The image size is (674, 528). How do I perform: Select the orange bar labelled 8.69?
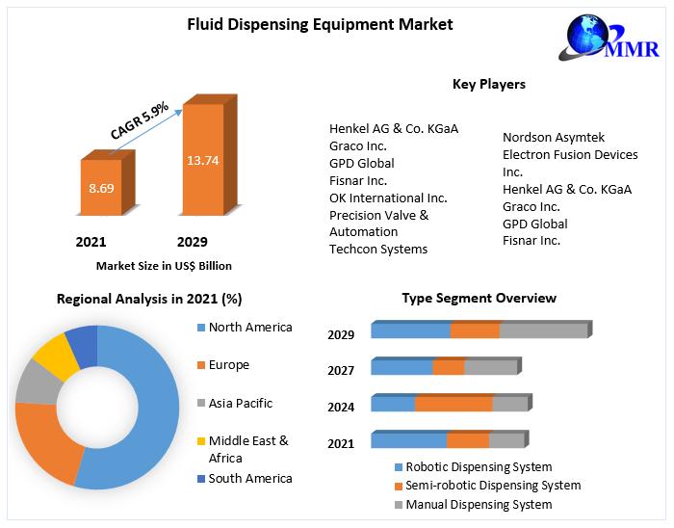pos(101,188)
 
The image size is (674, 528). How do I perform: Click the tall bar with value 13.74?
pos(203,159)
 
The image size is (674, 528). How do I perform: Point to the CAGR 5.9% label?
pos(140,120)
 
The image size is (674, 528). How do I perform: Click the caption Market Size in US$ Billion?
pos(164,266)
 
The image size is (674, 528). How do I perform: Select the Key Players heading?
pos(489,85)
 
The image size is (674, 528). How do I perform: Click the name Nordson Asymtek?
pos(554,138)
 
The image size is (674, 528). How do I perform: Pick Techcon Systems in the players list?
pos(378,249)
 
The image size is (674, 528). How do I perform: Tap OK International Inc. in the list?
pos(388,198)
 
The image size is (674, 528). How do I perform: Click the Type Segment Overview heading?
pos(479,299)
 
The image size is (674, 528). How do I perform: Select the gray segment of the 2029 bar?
pos(543,330)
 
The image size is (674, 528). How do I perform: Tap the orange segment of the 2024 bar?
pos(454,404)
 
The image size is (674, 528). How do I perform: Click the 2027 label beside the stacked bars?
pos(341,371)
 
